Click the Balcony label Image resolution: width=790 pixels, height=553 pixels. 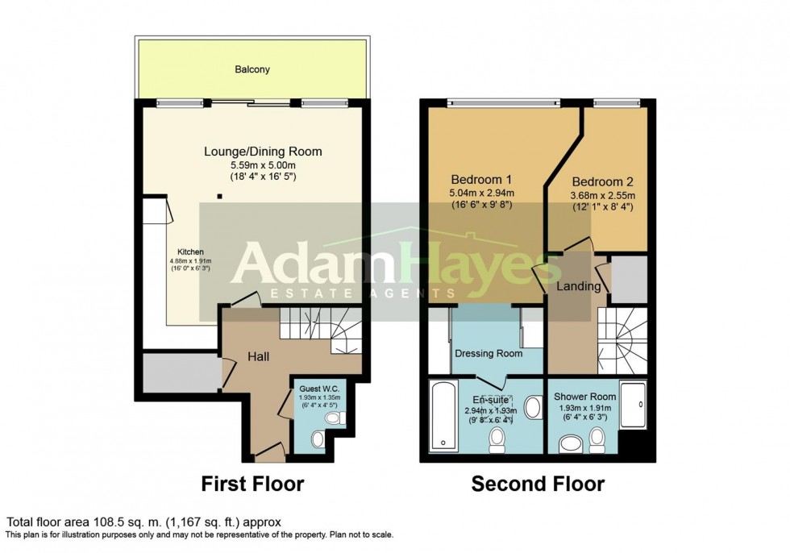click(252, 70)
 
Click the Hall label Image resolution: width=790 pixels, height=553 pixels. click(258, 356)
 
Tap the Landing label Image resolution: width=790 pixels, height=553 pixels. click(578, 286)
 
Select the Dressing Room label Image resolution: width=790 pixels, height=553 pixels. click(489, 353)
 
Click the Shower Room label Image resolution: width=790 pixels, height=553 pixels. click(584, 397)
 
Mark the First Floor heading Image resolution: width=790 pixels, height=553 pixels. click(252, 484)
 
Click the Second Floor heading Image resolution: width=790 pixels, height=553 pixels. click(538, 484)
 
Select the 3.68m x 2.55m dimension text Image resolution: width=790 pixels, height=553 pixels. click(603, 195)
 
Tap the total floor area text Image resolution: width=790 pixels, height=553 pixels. click(143, 522)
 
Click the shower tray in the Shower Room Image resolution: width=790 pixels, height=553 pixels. click(634, 407)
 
